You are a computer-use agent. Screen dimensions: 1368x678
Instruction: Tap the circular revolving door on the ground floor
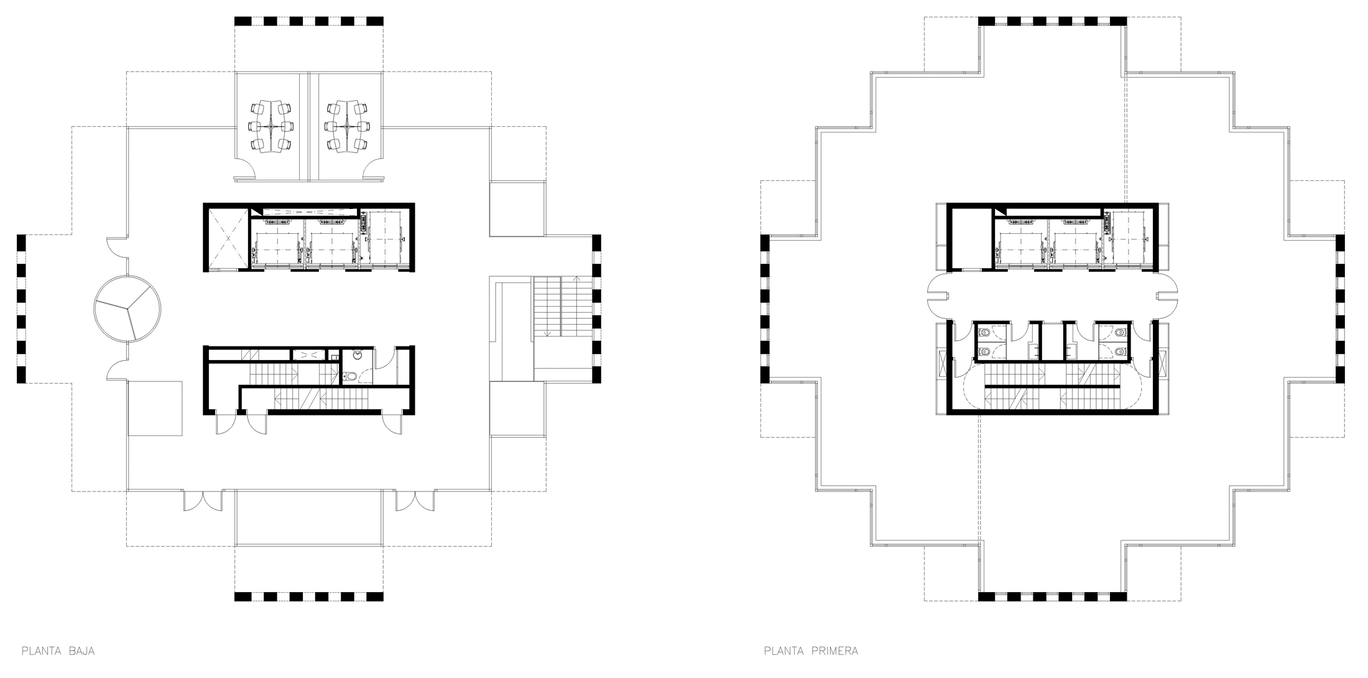pyautogui.click(x=127, y=308)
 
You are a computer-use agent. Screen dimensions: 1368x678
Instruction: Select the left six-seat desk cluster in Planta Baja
pyautogui.click(x=270, y=128)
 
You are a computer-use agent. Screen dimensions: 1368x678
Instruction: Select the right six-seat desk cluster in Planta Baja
pyautogui.click(x=347, y=128)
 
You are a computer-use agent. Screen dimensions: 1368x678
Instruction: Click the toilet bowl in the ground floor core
pyautogui.click(x=350, y=376)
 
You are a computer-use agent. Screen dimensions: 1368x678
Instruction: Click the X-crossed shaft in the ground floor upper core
pyautogui.click(x=227, y=237)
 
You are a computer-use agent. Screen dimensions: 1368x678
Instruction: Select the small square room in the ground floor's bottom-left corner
pyautogui.click(x=155, y=409)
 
